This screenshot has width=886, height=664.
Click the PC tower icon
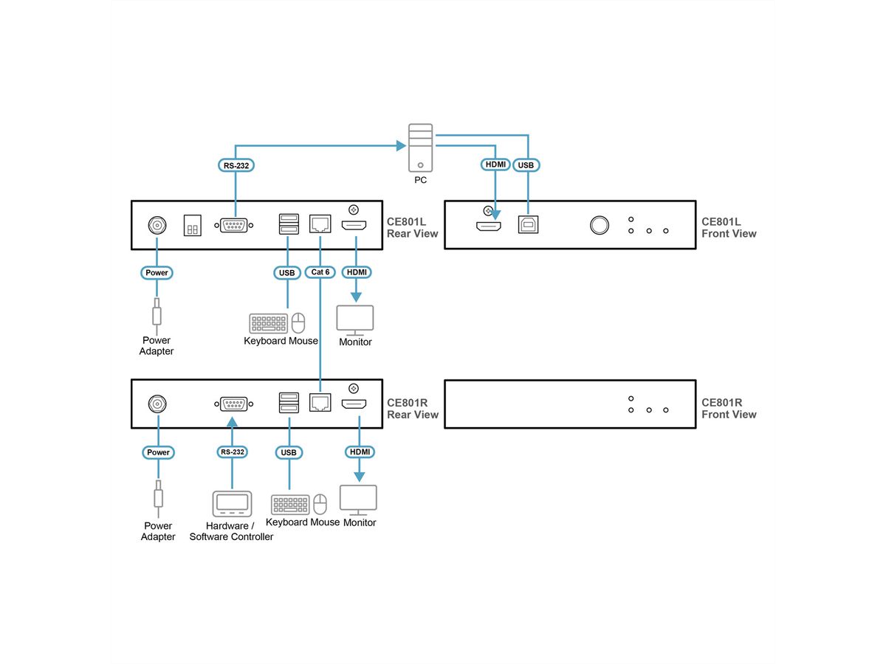tap(420, 148)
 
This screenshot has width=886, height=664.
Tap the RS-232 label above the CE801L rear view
tap(236, 166)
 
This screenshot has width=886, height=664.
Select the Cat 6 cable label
tap(320, 273)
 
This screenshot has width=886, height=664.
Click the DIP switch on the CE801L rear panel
tap(192, 226)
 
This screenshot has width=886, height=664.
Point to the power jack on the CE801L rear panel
tap(157, 225)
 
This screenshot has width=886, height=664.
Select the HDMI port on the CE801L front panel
tap(488, 226)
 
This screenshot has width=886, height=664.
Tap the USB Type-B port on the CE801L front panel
tap(526, 226)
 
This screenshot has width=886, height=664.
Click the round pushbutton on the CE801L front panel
tap(600, 225)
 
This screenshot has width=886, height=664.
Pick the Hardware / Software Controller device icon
tap(232, 504)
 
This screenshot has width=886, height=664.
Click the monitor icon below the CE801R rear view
tap(358, 499)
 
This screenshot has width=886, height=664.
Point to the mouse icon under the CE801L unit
tap(298, 323)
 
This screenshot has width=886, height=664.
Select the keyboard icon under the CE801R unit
tap(290, 505)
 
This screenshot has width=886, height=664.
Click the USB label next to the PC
tap(526, 165)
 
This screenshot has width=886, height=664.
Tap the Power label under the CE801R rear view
tap(157, 452)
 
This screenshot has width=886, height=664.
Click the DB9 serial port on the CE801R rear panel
tap(233, 404)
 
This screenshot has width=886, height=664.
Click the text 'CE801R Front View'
tap(729, 409)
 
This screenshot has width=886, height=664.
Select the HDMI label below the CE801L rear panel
tap(356, 273)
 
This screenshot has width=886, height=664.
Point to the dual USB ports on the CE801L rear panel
tap(289, 224)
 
